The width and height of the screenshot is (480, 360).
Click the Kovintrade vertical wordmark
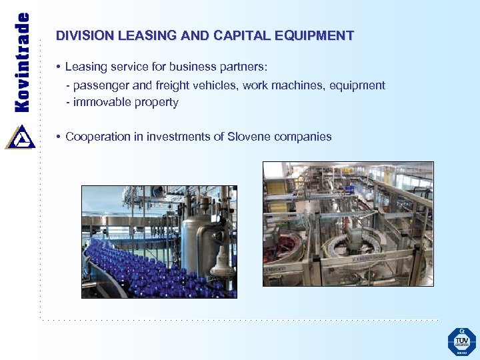(22, 62)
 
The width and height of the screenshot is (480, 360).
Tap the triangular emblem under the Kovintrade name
(20, 137)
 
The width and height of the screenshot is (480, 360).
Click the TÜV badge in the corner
(461, 341)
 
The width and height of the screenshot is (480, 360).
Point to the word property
(157, 103)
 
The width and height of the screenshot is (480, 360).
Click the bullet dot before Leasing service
(59, 67)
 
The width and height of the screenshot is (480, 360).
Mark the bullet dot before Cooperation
(59, 137)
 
